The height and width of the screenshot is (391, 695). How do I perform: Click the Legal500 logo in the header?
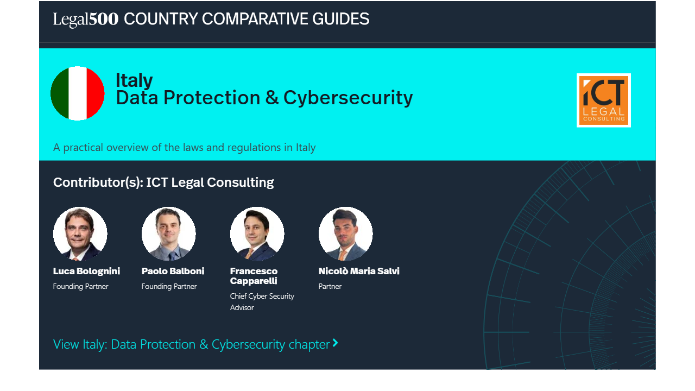[86, 20]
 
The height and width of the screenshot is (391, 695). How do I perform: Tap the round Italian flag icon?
[78, 93]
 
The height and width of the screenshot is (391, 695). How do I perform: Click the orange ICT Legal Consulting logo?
[603, 100]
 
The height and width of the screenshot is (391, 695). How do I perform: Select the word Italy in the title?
[134, 80]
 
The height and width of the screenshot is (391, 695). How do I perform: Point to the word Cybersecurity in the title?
[348, 98]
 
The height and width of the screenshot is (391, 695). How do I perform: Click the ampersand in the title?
[271, 98]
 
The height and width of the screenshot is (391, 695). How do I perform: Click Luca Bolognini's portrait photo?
[80, 234]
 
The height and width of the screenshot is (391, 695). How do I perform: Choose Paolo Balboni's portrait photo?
[169, 234]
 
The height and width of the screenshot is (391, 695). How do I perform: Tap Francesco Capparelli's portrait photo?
[257, 234]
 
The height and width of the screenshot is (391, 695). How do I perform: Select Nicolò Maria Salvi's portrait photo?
[346, 234]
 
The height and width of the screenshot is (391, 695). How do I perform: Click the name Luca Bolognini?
[86, 271]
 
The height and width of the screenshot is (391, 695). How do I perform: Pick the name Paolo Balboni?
[173, 271]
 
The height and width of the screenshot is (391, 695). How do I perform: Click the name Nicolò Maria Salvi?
[359, 271]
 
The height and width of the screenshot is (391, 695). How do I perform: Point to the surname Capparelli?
[254, 281]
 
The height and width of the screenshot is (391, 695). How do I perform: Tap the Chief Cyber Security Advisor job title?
[262, 302]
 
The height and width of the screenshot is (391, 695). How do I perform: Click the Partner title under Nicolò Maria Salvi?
[330, 286]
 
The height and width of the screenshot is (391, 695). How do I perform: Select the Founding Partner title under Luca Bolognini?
[80, 286]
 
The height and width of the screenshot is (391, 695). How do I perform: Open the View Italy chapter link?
[192, 344]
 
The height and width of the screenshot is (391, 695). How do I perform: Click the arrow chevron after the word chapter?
[336, 343]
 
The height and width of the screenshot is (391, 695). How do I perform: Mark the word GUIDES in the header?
[340, 20]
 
